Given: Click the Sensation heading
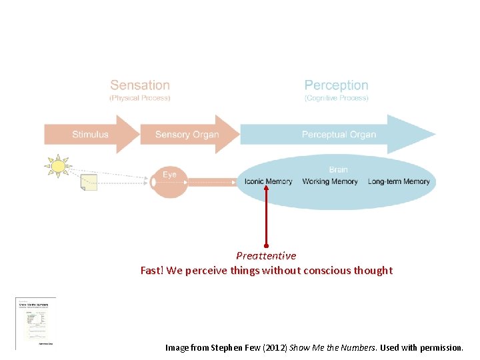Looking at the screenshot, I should (140, 85).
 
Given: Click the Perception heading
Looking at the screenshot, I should (336, 85).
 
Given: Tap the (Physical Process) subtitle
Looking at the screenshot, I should (140, 98).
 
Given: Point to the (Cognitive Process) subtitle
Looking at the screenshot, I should (336, 98).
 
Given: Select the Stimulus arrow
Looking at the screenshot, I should (91, 134).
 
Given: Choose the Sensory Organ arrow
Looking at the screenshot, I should (187, 134).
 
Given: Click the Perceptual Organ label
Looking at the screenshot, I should (339, 135).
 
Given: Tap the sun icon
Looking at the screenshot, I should (58, 166).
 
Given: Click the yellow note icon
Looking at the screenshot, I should (89, 182).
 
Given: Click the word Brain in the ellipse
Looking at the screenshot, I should (339, 169).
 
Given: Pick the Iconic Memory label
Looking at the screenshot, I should (268, 181).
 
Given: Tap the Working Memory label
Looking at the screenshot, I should (330, 181).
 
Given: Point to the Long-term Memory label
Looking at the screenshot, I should (399, 181).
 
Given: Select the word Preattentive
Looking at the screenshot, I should (266, 256).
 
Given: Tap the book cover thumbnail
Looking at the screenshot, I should (35, 322).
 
